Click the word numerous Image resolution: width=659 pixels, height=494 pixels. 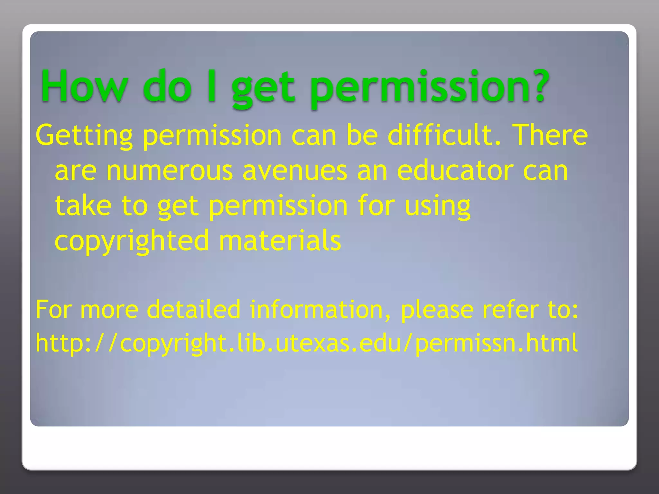pos(169,171)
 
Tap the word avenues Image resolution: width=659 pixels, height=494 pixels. pos(294,171)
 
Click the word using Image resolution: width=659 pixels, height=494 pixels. pos(438,206)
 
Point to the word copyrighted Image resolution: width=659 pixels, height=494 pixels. pos(132,241)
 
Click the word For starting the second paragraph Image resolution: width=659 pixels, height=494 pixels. pos(53,309)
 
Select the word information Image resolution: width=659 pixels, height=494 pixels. pos(320,309)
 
